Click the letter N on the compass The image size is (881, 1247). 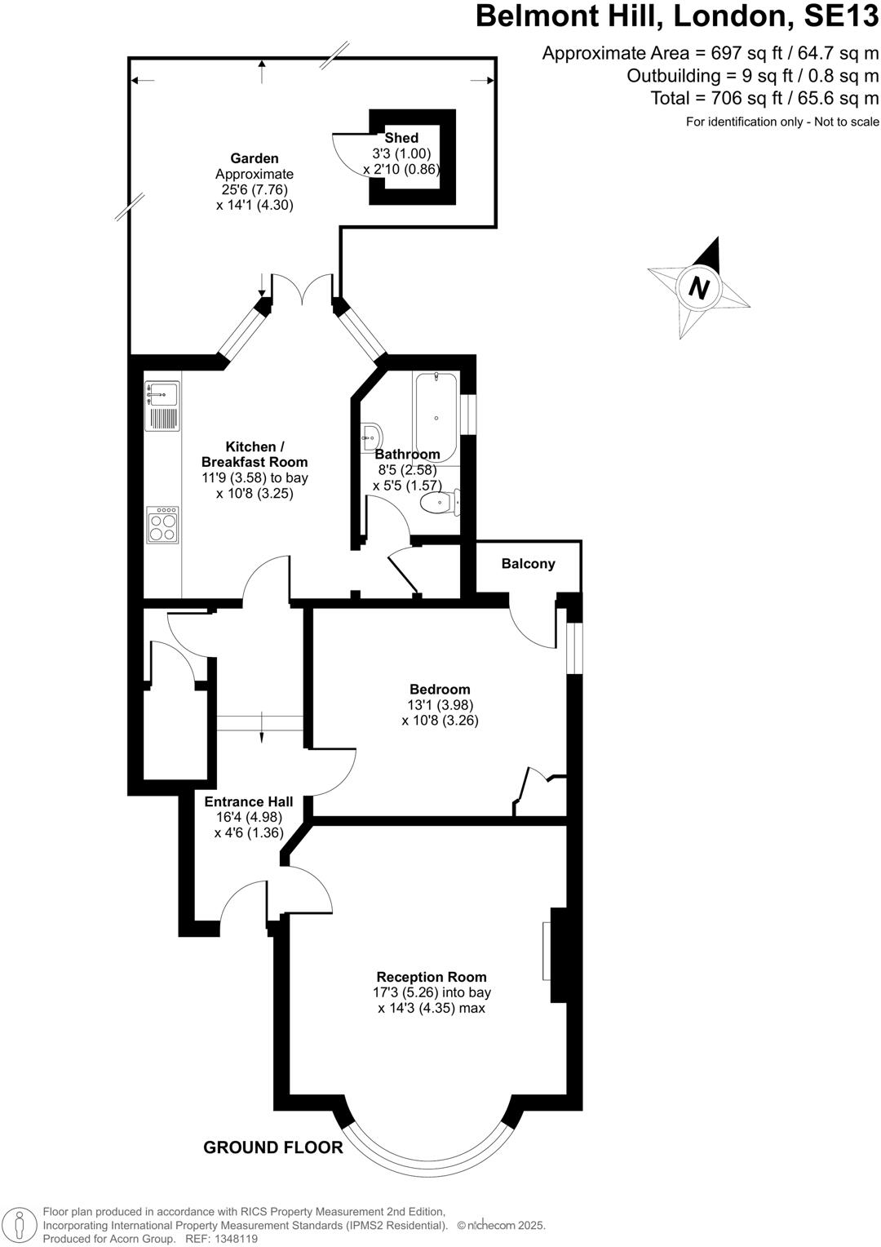[699, 287]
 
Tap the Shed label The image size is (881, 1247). [401, 138]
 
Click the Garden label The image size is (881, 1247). [255, 158]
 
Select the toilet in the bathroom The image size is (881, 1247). [440, 503]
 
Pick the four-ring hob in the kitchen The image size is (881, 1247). [162, 526]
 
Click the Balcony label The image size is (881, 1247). [528, 564]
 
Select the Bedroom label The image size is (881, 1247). [440, 690]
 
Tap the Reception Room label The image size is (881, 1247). [432, 977]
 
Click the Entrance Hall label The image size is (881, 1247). [249, 802]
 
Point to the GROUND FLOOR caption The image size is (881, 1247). [273, 1147]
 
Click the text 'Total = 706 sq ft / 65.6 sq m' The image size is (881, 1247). [764, 99]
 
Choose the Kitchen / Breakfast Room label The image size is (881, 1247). [255, 455]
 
